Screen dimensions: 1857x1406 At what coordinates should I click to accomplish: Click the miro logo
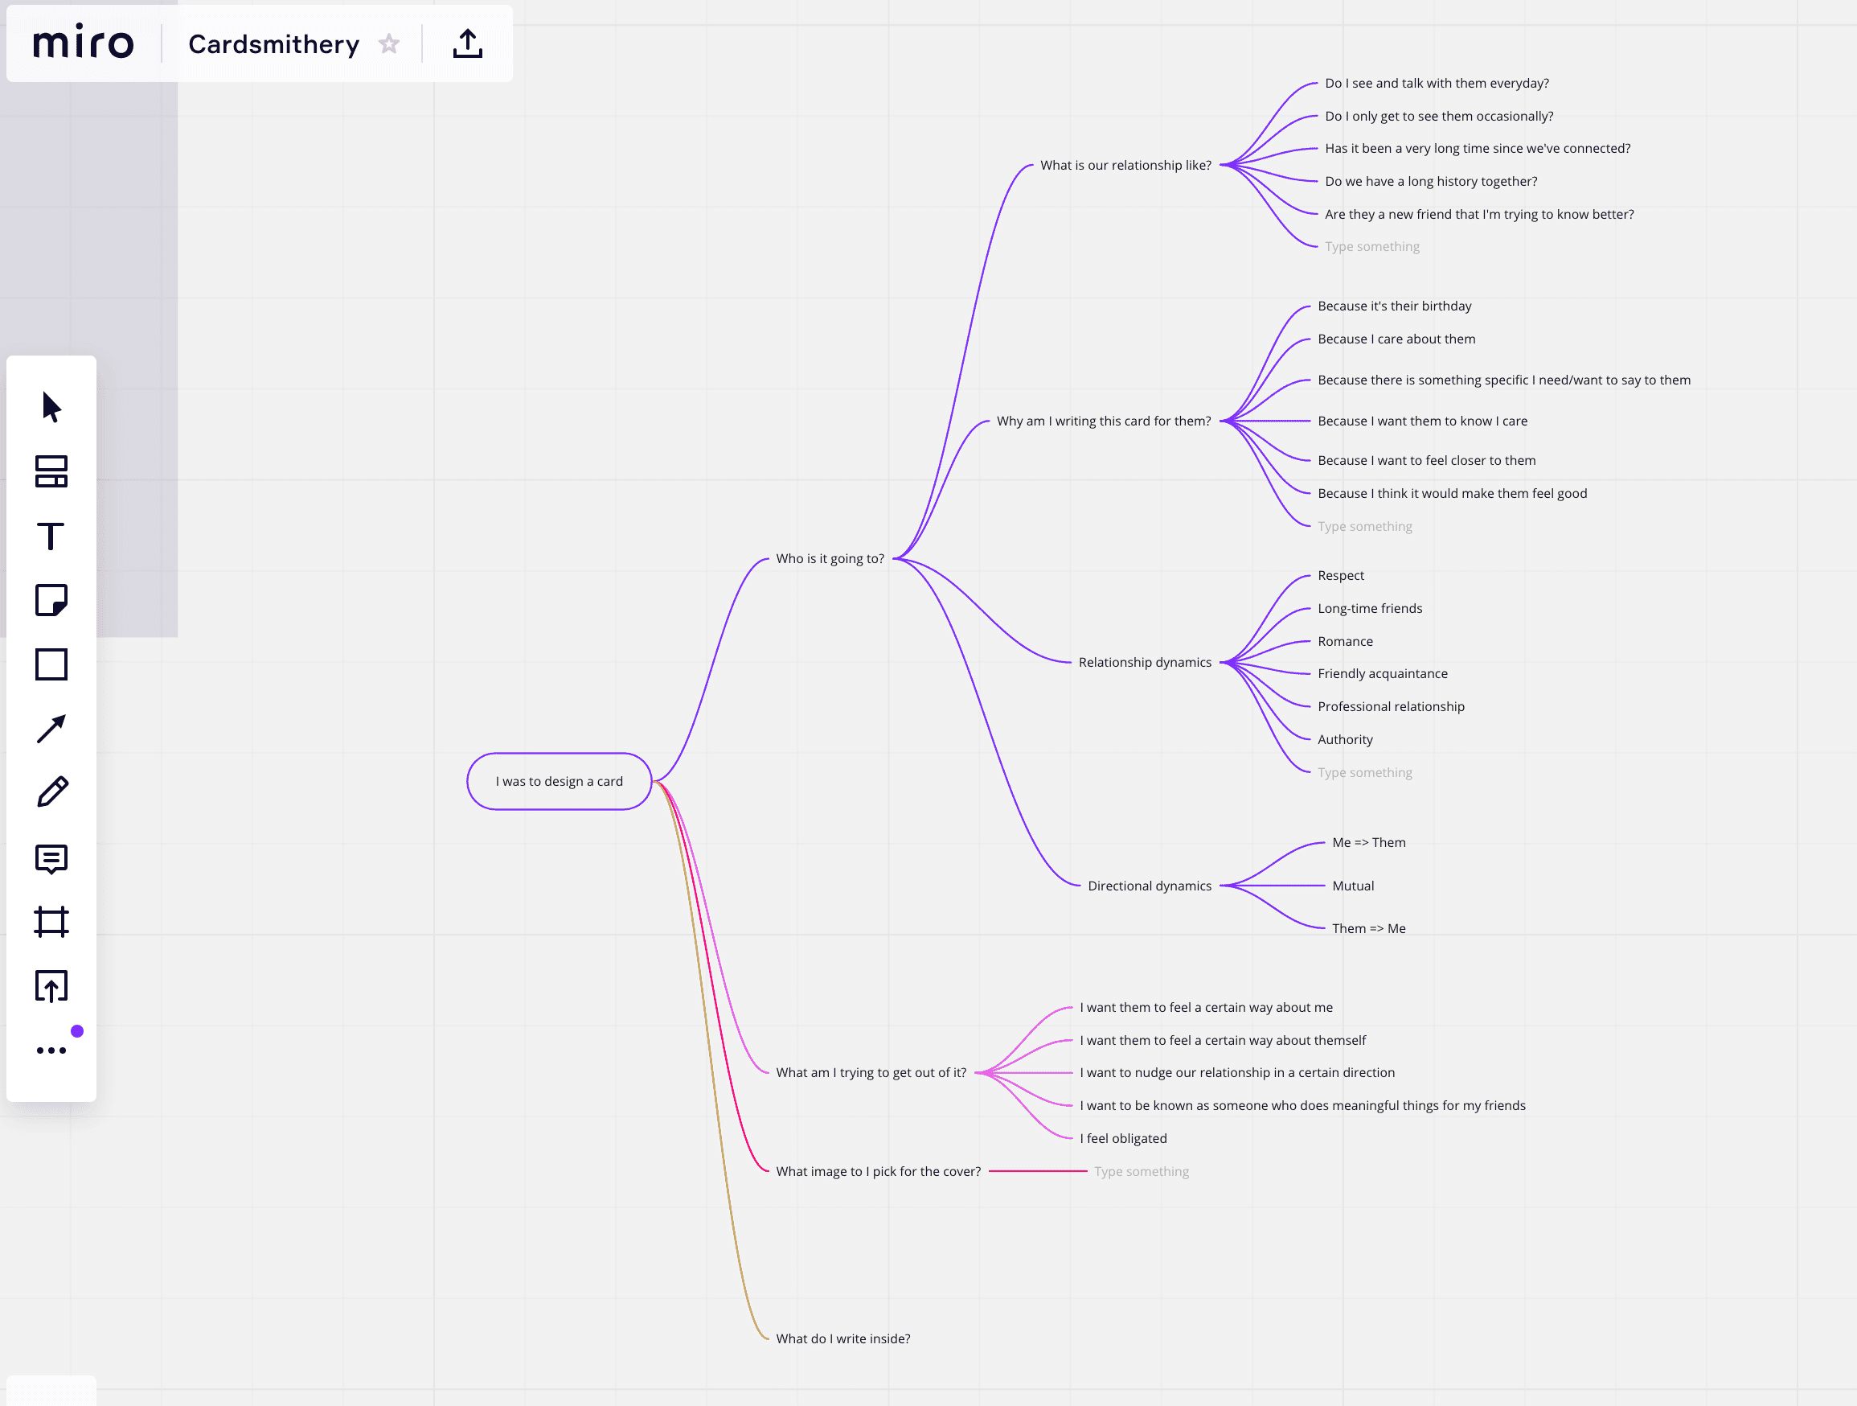point(83,42)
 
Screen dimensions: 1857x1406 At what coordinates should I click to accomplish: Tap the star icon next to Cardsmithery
point(389,43)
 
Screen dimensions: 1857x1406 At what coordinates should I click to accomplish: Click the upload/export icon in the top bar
point(468,43)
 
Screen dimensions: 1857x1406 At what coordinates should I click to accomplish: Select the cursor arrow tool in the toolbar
point(51,406)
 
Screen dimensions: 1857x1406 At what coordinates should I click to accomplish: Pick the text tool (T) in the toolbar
point(51,536)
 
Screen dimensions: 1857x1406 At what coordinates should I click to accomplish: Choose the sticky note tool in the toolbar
point(51,601)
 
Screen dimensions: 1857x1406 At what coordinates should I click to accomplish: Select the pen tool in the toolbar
point(52,792)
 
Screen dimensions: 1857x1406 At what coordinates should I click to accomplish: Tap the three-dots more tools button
point(51,1050)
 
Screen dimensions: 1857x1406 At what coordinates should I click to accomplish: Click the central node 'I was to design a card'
point(560,781)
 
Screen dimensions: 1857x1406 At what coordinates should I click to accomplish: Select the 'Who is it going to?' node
point(830,558)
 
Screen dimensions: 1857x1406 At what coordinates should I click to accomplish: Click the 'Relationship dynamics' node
point(1144,662)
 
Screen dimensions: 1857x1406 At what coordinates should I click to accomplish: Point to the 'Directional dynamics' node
point(1150,886)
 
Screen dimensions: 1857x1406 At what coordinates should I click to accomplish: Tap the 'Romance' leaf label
point(1345,641)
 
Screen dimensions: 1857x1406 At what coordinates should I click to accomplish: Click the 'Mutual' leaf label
point(1352,886)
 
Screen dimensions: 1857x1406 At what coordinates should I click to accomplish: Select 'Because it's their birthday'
point(1394,306)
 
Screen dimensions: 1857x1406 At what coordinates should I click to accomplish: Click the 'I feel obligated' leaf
point(1122,1138)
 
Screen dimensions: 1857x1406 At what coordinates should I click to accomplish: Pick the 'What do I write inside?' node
point(842,1338)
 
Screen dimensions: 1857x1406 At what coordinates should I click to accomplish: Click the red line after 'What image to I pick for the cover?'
point(1038,1171)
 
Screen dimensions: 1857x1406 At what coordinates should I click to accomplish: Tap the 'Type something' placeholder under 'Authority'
point(1364,772)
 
